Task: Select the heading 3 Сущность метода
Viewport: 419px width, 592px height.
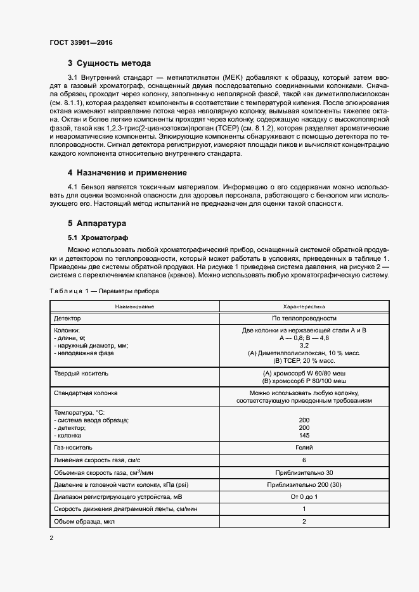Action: pyautogui.click(x=109, y=63)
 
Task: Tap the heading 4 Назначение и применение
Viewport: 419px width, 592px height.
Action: pyautogui.click(x=127, y=173)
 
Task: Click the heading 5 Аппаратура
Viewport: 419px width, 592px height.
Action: pyautogui.click(x=96, y=224)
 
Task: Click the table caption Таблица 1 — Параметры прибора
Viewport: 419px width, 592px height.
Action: pyautogui.click(x=100, y=291)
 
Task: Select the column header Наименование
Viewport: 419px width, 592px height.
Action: pyautogui.click(x=134, y=306)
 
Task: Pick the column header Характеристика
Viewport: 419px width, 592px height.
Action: pyautogui.click(x=304, y=306)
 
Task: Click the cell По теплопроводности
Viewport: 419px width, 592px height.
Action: pyautogui.click(x=304, y=318)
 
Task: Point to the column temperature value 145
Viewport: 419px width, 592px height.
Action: pyautogui.click(x=304, y=436)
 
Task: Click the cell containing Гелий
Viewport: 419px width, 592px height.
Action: pyautogui.click(x=304, y=448)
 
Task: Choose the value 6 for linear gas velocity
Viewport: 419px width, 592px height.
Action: pyautogui.click(x=304, y=460)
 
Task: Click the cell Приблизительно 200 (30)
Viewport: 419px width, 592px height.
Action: pyautogui.click(x=304, y=484)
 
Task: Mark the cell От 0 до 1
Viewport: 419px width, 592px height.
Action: pyautogui.click(x=304, y=497)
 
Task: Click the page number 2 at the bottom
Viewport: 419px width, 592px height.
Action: pyautogui.click(x=51, y=538)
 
